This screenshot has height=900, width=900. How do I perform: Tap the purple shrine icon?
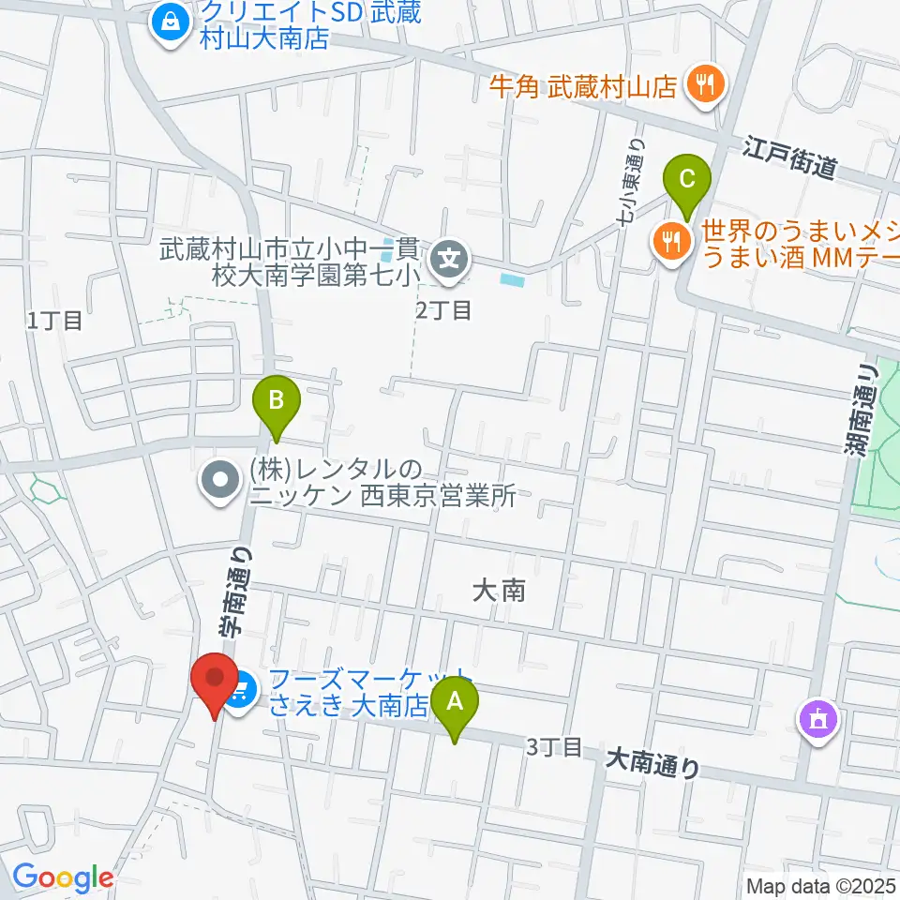pos(816,720)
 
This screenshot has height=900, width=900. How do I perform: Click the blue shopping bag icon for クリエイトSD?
pos(171,22)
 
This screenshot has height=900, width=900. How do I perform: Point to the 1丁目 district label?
pos(54,321)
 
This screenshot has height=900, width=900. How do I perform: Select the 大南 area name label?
pos(498,591)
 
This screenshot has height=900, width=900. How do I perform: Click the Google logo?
pos(62,877)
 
